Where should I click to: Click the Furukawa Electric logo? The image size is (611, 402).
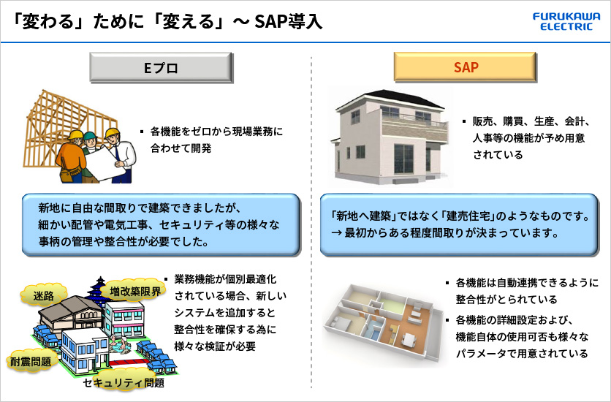click(566, 21)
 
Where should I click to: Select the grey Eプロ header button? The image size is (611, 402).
click(162, 68)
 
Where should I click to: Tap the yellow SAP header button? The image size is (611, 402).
click(466, 67)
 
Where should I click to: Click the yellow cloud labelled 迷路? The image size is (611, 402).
click(43, 295)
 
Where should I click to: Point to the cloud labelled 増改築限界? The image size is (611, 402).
click(134, 291)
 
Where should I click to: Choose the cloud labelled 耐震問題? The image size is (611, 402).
click(31, 361)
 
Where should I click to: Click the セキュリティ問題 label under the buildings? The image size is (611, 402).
click(124, 383)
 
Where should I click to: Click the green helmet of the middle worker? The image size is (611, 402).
click(90, 135)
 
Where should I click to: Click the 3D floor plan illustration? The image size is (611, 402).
click(384, 324)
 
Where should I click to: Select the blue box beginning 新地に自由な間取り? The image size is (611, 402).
click(162, 225)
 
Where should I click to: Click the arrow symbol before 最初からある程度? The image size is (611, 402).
click(336, 233)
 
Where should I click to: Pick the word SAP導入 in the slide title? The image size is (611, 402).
click(289, 21)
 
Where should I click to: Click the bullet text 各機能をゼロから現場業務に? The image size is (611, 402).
click(216, 132)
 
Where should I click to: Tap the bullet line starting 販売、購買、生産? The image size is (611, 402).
click(531, 121)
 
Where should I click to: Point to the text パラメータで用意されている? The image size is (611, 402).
click(522, 353)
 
